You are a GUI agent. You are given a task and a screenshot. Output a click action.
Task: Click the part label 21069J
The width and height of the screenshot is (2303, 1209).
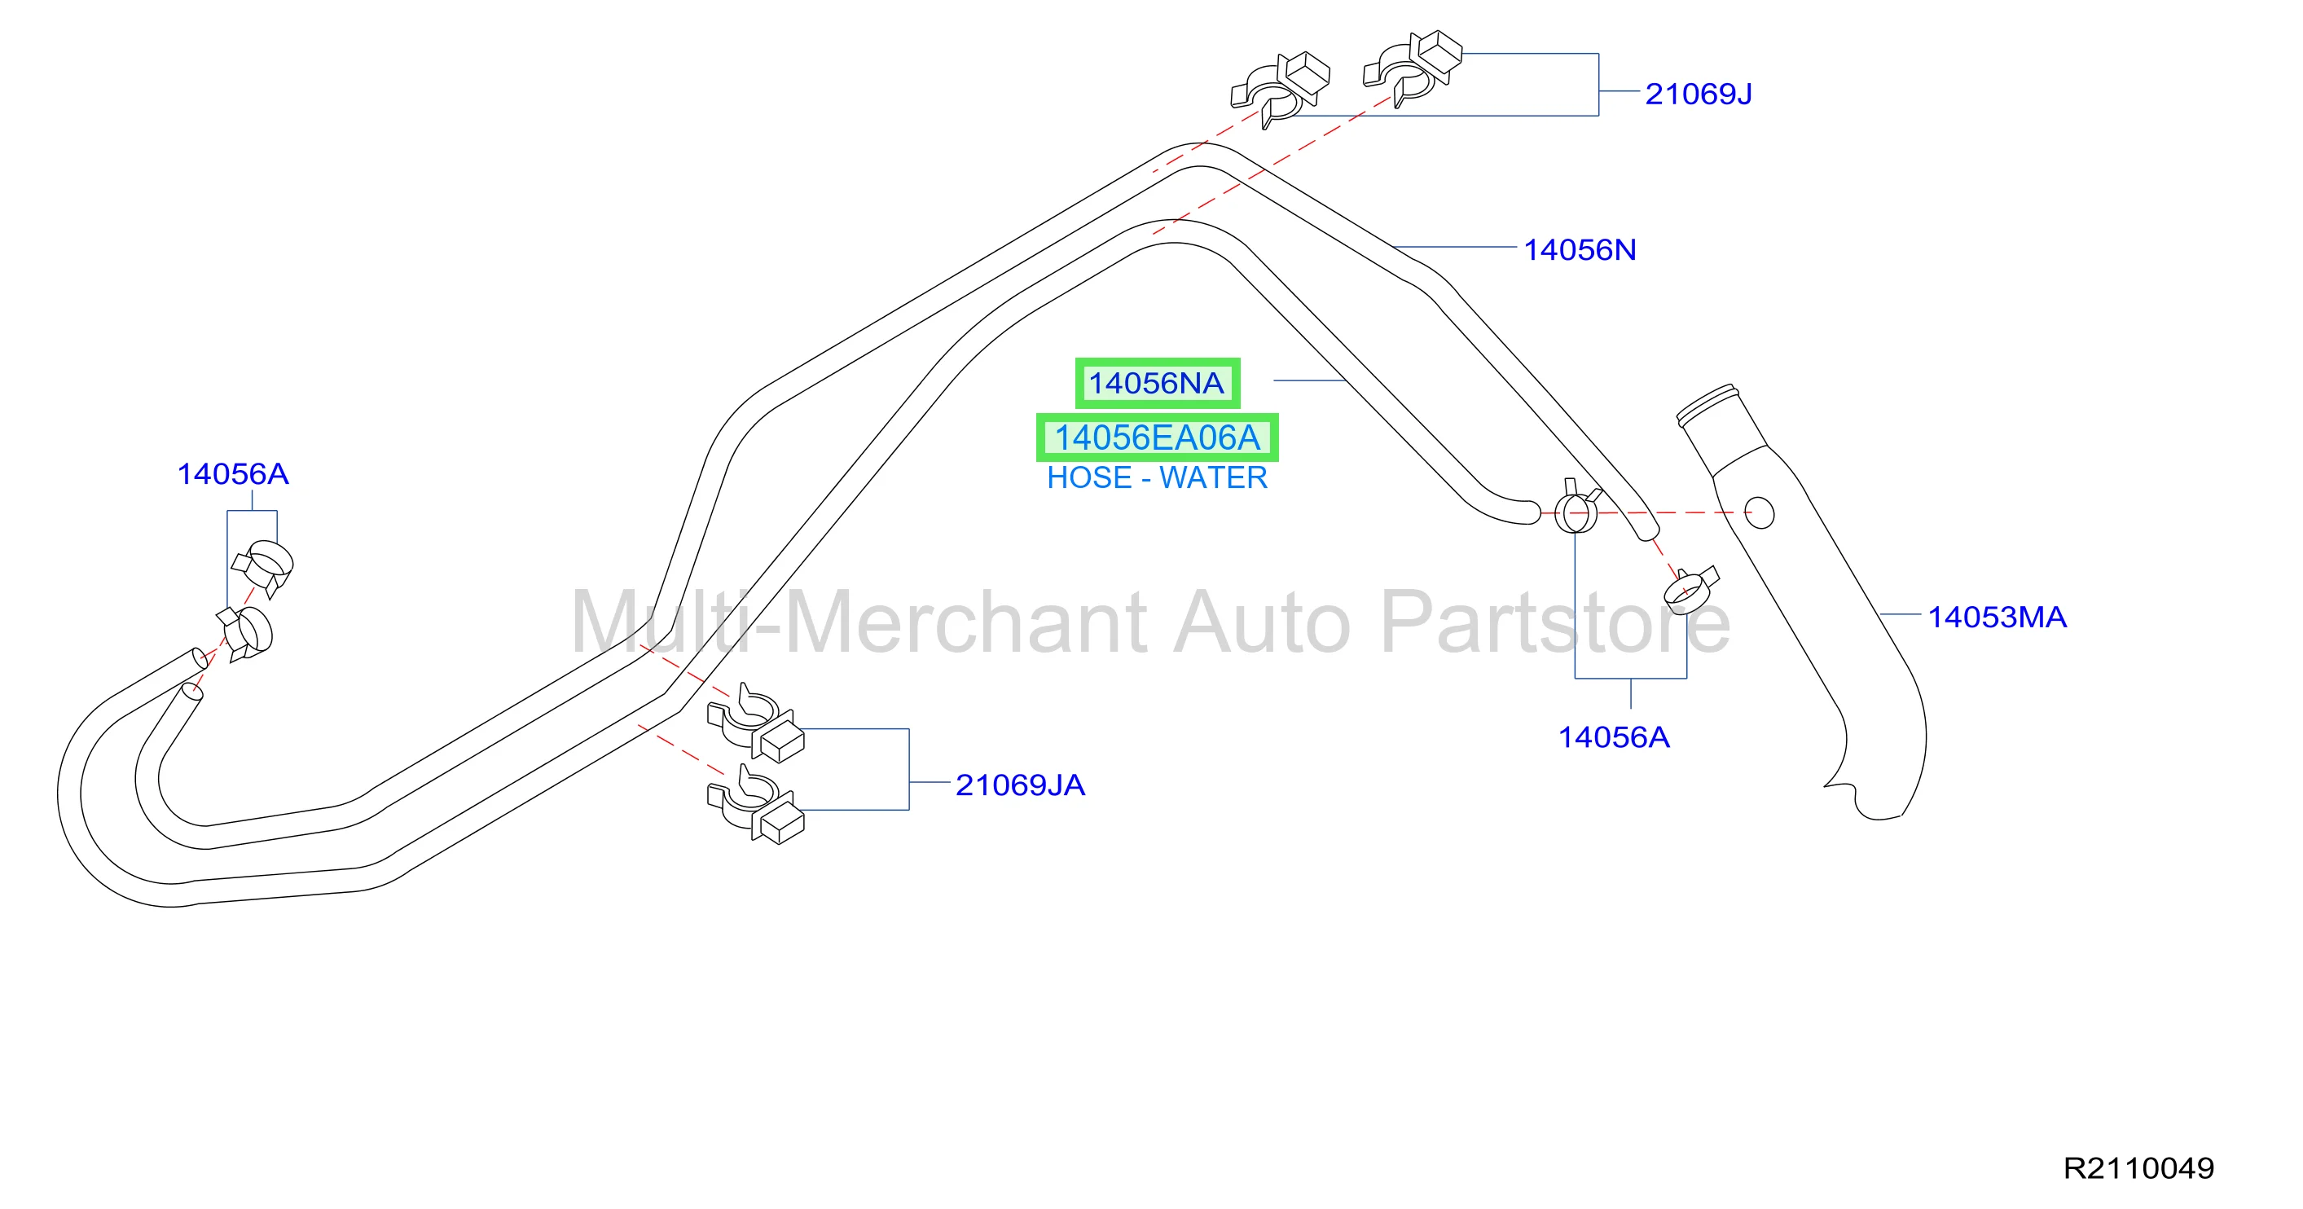tap(1698, 94)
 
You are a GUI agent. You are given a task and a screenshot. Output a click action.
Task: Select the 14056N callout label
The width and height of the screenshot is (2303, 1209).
tap(1580, 250)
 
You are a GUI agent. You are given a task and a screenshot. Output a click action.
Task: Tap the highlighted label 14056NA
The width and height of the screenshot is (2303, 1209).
tap(1156, 384)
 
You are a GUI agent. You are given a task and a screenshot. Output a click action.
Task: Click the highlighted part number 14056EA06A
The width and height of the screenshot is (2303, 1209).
tap(1157, 438)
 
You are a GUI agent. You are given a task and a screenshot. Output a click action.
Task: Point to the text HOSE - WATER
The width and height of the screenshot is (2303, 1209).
tap(1157, 478)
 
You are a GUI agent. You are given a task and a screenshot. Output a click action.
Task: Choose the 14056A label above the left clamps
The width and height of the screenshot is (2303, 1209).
tap(232, 474)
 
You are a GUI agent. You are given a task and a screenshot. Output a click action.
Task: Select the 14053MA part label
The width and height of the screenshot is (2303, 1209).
tap(1998, 617)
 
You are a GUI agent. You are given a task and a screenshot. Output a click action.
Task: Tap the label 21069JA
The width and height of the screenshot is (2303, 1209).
tap(1020, 785)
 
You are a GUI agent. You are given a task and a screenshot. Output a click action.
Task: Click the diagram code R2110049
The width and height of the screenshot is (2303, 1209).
tap(2138, 1169)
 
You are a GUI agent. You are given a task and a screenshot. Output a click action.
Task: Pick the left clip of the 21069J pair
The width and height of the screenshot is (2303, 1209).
tap(1281, 90)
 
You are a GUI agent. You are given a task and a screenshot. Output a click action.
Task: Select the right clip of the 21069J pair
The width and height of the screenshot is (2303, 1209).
tap(1413, 70)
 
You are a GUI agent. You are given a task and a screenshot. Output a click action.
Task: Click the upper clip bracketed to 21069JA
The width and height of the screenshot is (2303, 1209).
tap(755, 723)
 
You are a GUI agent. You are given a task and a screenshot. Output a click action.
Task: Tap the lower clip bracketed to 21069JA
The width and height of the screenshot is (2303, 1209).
tap(755, 804)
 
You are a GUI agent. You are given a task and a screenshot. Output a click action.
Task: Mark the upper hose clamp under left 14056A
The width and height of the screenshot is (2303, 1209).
tap(263, 567)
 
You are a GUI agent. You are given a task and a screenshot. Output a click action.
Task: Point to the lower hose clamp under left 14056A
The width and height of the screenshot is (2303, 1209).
tap(245, 633)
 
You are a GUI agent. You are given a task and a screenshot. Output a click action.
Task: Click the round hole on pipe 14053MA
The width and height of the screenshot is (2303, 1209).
tap(1760, 513)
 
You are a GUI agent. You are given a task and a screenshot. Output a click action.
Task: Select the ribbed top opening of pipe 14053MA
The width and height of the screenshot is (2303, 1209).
tap(1707, 404)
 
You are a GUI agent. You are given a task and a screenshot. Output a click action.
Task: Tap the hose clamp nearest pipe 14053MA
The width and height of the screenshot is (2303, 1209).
tap(1690, 590)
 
